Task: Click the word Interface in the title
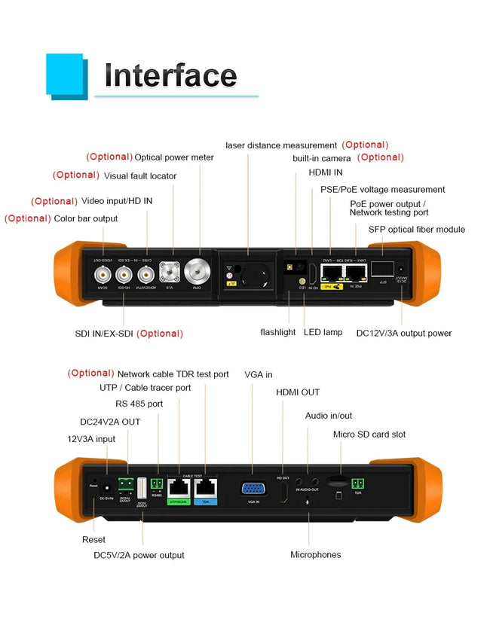tap(170, 75)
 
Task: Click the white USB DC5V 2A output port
tap(142, 490)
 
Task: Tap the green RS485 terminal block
tap(158, 484)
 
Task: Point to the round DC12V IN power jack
tap(106, 487)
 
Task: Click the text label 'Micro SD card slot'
tap(369, 434)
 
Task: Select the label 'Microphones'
tap(315, 555)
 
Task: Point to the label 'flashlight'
tap(278, 332)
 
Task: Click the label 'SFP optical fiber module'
tap(416, 230)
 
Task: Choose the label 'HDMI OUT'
tap(297, 392)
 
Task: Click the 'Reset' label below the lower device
tap(93, 540)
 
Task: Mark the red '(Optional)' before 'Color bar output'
tap(28, 218)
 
